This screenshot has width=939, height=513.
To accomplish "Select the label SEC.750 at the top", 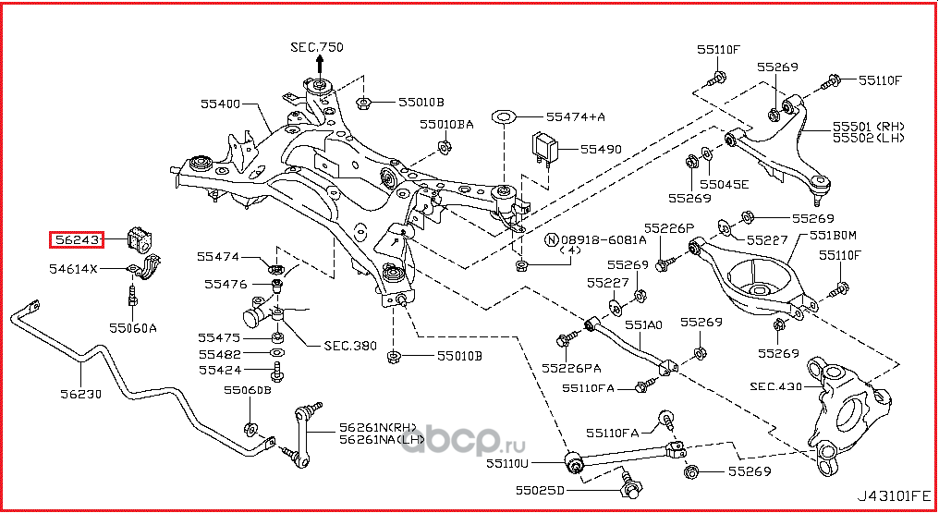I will click(x=316, y=46).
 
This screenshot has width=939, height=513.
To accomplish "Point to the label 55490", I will click(x=602, y=148).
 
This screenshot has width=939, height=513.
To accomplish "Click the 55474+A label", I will click(x=575, y=117).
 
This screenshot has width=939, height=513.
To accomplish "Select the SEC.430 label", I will click(x=775, y=386).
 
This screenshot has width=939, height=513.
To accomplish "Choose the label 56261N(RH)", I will click(x=379, y=427).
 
